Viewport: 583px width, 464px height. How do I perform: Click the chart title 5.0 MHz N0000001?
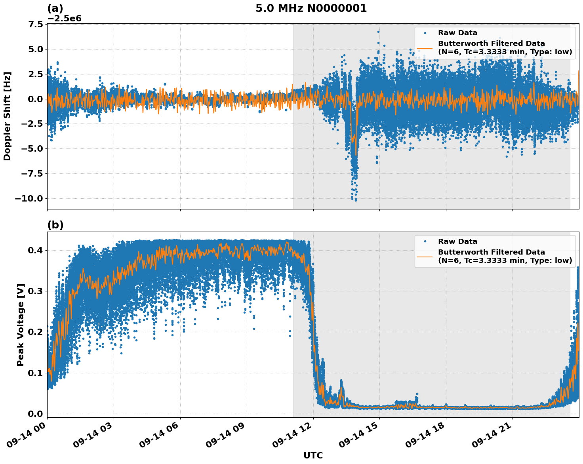point(311,8)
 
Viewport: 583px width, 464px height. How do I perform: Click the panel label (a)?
point(55,8)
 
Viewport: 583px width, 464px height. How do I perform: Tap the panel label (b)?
point(55,225)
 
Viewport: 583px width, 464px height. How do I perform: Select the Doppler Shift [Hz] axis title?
point(7,116)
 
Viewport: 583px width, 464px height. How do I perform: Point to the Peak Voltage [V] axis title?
point(21,325)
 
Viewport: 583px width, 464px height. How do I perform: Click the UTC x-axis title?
point(313,456)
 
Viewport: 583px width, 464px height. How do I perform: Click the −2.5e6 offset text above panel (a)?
point(64,19)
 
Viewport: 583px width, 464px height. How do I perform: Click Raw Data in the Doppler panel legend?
point(457,33)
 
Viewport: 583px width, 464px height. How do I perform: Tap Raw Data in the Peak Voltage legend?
point(457,242)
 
